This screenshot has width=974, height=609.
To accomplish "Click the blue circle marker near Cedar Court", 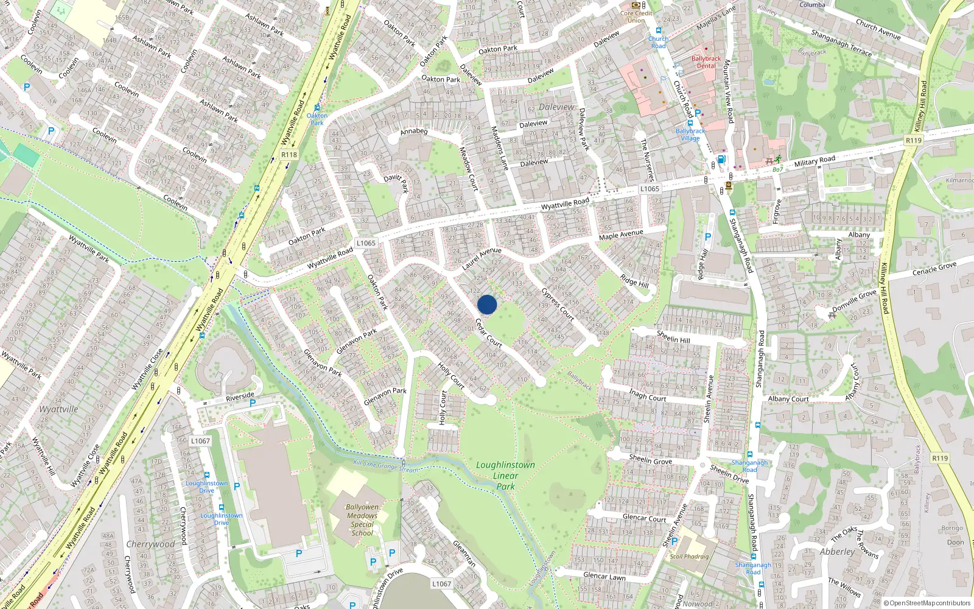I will click(487, 304).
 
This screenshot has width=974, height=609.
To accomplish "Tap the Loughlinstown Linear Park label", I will click(505, 476).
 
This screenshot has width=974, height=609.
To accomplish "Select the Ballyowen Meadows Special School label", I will click(362, 520).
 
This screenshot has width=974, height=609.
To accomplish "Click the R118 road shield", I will click(289, 155).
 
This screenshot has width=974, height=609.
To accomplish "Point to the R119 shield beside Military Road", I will click(913, 140).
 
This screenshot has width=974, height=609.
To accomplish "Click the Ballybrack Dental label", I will click(706, 62).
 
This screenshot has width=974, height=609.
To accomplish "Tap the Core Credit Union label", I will click(636, 16).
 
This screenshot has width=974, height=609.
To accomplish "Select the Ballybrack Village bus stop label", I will click(690, 135).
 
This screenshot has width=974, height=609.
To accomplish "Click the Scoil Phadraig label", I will click(689, 556).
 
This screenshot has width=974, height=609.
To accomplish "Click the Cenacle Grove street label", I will click(934, 268).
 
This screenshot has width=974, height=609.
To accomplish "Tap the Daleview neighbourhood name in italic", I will click(556, 107).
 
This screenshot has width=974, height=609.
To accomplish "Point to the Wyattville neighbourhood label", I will click(58, 409).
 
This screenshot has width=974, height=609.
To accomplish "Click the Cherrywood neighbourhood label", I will click(150, 544).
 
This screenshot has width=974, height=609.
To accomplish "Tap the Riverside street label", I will click(240, 397).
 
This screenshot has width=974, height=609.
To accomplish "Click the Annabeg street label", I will click(414, 132).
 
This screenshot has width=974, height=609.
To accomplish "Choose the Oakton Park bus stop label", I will click(317, 119).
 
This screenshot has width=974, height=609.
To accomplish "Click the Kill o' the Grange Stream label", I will click(385, 466).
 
